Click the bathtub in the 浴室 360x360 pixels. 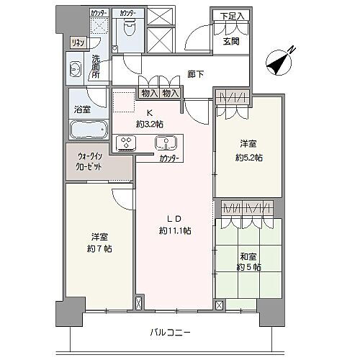(x=88, y=130)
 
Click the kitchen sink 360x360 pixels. (x=166, y=142)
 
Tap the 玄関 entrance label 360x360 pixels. (x=231, y=41)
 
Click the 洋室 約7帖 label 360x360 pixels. (x=99, y=243)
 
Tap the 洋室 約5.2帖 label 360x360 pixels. (x=248, y=151)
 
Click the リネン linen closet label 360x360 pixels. (x=77, y=42)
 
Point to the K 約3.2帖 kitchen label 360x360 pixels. (x=150, y=117)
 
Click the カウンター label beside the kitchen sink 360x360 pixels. (x=169, y=157)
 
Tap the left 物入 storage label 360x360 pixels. (x=149, y=93)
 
